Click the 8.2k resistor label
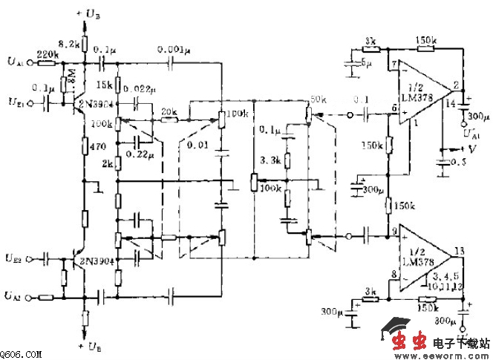pyautogui.click(x=69, y=45)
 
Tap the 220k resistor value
pyautogui.click(x=48, y=54)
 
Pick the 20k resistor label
pyautogui.click(x=170, y=112)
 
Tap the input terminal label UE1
pyautogui.click(x=14, y=99)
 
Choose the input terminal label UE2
pyautogui.click(x=14, y=258)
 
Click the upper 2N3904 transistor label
pyautogui.click(x=96, y=105)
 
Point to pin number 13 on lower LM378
pyautogui.click(x=459, y=250)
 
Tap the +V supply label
pyautogui.click(x=467, y=148)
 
